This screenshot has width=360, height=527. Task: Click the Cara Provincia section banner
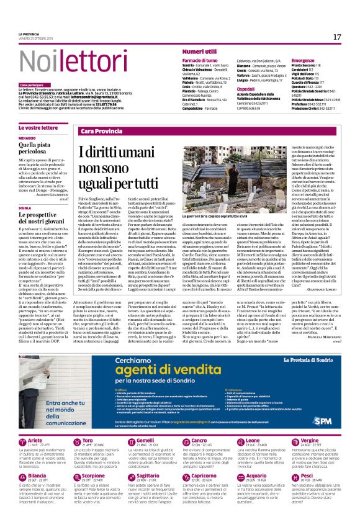[x=102, y=132]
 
